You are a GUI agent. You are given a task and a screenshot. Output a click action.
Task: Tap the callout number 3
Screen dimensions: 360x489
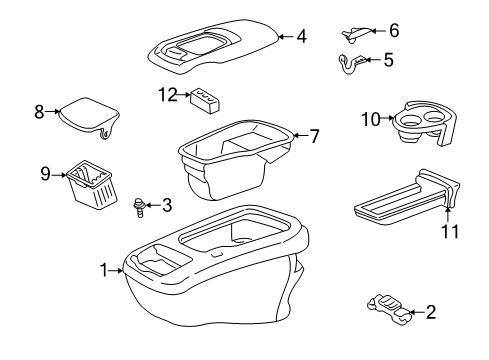(x=166, y=206)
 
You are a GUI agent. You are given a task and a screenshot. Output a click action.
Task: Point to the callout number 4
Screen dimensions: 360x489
(x=301, y=37)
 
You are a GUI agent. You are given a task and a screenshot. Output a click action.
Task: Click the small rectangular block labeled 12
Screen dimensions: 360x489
(x=205, y=101)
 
